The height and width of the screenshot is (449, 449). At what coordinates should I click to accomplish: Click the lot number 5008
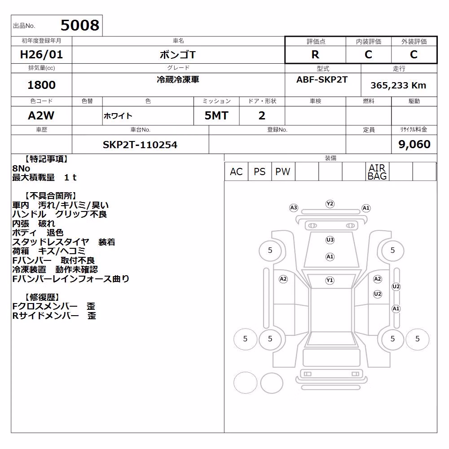click(80, 25)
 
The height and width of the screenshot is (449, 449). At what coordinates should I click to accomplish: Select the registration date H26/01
click(41, 54)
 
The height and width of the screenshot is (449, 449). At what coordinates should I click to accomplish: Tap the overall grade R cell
click(315, 54)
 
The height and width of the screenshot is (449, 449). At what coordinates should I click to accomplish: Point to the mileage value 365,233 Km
click(398, 85)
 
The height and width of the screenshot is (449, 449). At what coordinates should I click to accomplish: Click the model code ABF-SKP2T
click(322, 79)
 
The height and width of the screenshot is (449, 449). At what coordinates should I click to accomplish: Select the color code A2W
click(41, 116)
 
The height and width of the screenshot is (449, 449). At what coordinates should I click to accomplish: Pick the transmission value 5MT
click(216, 116)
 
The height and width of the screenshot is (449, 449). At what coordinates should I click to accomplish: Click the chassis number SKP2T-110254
click(140, 145)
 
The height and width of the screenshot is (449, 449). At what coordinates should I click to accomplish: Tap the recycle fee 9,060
click(414, 144)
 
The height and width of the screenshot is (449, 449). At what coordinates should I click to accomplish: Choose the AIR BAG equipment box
click(377, 172)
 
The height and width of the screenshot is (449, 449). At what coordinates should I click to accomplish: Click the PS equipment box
click(260, 172)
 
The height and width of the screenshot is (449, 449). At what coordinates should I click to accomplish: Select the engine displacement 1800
click(41, 85)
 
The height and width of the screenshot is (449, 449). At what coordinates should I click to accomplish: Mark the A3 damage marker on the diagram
click(294, 207)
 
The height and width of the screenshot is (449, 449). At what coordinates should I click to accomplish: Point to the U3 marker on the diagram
click(330, 240)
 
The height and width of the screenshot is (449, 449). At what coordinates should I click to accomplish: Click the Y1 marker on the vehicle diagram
click(330, 280)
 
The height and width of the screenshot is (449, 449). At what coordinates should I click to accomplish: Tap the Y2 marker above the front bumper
click(330, 203)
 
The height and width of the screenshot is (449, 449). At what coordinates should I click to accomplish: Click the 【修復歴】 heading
click(42, 297)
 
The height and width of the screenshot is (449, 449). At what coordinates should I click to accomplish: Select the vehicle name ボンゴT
click(177, 54)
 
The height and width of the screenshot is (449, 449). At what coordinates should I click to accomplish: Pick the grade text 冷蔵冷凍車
click(178, 79)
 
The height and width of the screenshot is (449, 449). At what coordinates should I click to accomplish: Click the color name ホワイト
click(118, 116)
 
